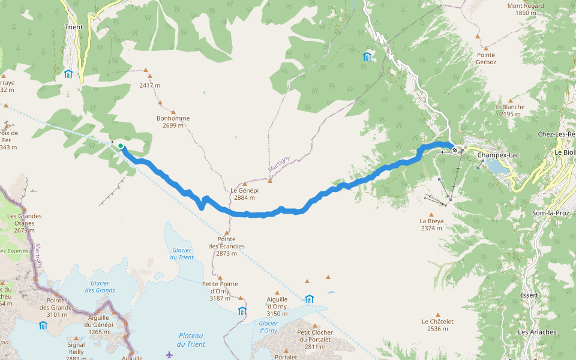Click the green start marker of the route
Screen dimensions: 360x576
pyautogui.click(x=121, y=146)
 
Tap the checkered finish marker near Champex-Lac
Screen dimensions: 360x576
pyautogui.click(x=455, y=149)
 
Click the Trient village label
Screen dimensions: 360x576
pyautogui.click(x=73, y=27)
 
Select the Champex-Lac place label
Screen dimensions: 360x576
pyautogui.click(x=497, y=155)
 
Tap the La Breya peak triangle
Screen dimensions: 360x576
pyautogui.click(x=431, y=214)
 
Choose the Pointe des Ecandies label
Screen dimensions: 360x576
pyautogui.click(x=226, y=242)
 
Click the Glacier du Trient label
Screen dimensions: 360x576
pyautogui.click(x=182, y=254)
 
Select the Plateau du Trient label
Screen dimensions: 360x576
pyautogui.click(x=191, y=340)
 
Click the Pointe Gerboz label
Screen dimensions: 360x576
pyautogui.click(x=486, y=58)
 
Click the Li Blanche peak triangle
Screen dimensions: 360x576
pyautogui.click(x=511, y=100)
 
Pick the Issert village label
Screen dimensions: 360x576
pyautogui.click(x=530, y=295)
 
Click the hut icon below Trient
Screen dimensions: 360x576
pyautogui.click(x=68, y=74)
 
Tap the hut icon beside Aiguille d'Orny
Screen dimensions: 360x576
pyautogui.click(x=309, y=299)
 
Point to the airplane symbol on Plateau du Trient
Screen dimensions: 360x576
pyautogui.click(x=169, y=354)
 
